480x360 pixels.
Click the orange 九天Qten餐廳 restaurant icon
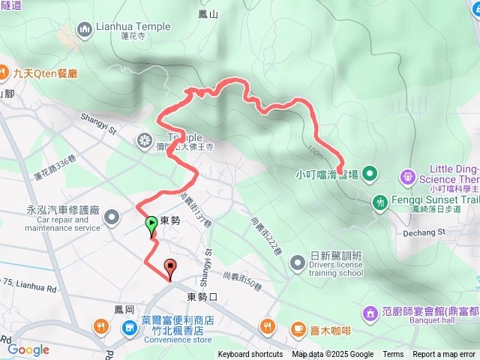(x=5, y=73)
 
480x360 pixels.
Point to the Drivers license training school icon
(x=297, y=262)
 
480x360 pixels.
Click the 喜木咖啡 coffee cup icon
(x=298, y=327)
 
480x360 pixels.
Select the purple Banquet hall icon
(x=370, y=311)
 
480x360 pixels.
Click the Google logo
(x=28, y=349)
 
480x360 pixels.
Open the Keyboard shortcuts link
(x=250, y=355)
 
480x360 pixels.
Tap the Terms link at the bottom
(x=393, y=355)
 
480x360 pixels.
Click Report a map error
(x=444, y=355)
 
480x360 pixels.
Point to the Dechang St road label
(x=425, y=231)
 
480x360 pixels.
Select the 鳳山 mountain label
(x=208, y=13)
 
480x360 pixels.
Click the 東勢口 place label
(x=202, y=297)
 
